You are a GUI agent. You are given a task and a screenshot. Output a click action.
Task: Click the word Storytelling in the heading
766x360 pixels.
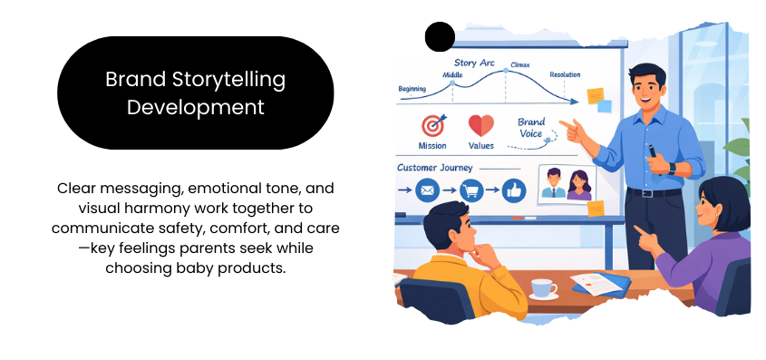228,80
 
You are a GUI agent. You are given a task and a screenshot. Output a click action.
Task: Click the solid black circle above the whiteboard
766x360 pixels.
440,36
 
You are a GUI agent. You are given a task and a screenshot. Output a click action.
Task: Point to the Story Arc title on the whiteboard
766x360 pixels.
474,63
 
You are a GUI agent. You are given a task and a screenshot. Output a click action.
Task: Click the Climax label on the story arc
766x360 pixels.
519,65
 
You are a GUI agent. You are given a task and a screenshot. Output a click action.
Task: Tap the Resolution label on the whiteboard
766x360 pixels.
565,74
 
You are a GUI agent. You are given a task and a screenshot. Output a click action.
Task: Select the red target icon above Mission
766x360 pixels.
433,126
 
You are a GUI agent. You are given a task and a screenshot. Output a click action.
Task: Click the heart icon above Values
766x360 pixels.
481,126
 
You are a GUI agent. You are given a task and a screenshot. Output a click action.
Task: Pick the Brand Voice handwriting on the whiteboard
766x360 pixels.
530,128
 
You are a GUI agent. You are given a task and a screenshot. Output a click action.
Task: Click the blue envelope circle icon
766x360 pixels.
428,190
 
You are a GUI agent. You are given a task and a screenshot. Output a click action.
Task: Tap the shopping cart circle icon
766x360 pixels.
471,190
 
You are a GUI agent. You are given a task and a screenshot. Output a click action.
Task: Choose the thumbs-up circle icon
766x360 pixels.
513,190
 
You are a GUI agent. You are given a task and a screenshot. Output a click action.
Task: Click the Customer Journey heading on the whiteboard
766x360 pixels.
435,168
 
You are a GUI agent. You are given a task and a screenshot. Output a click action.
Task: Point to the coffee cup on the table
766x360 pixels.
543,288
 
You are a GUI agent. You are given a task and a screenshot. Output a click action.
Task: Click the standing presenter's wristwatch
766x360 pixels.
672,169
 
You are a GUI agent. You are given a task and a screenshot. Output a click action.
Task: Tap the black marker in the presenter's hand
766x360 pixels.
654,155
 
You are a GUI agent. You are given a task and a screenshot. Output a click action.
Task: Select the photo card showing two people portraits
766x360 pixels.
567,184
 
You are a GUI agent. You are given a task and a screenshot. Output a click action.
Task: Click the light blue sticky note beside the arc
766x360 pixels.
605,106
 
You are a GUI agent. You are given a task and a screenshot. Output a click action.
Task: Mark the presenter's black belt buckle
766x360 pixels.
648,193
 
